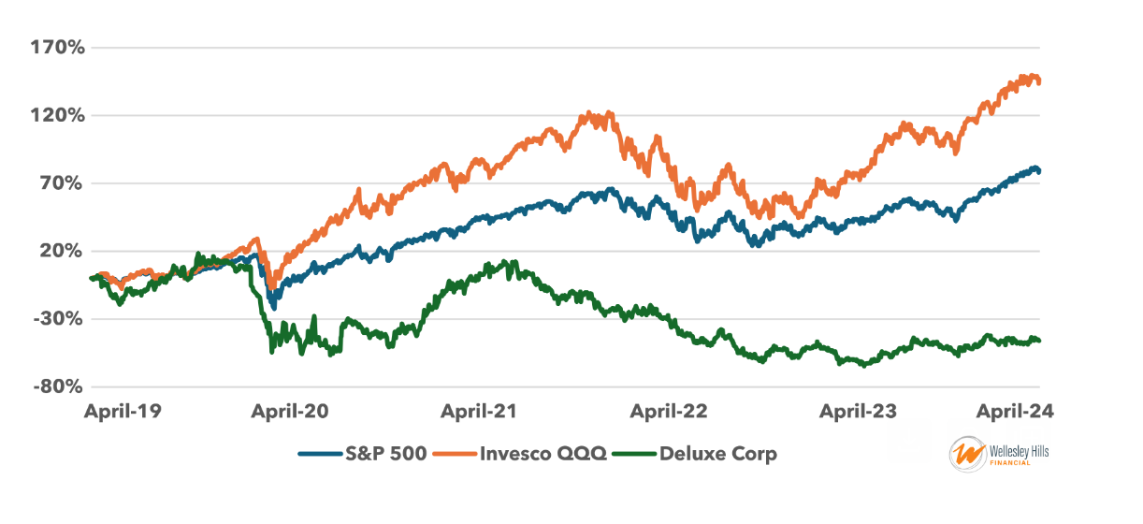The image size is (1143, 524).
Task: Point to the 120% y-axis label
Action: click(x=59, y=115)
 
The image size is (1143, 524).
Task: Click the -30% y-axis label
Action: click(x=59, y=319)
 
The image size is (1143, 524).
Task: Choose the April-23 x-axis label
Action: click(x=857, y=412)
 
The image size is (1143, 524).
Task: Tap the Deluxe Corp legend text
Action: click(x=717, y=455)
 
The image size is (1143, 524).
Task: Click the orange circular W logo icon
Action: click(x=965, y=455)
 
